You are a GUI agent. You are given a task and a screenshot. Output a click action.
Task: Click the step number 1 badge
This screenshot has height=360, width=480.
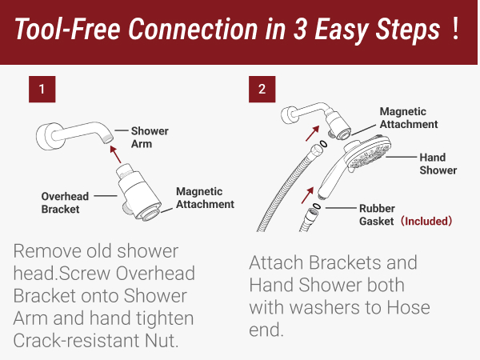coord(41,88)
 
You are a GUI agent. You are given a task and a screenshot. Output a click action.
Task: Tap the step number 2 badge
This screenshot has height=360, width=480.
coord(262,88)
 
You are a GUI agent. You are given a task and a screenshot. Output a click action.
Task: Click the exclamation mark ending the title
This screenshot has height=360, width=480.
coord(455,30)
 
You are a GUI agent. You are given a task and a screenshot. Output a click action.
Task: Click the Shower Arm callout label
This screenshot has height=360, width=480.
coord(150,138)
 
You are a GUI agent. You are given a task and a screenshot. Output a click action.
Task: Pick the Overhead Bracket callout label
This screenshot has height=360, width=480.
coord(63,203)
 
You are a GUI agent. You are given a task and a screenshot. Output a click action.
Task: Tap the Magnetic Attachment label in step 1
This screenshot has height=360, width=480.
coord(205,198)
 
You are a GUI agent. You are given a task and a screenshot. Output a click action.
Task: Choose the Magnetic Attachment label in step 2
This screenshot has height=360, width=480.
coord(409,118)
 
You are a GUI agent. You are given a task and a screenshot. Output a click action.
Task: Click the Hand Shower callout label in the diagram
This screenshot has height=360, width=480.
coord(438,163)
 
